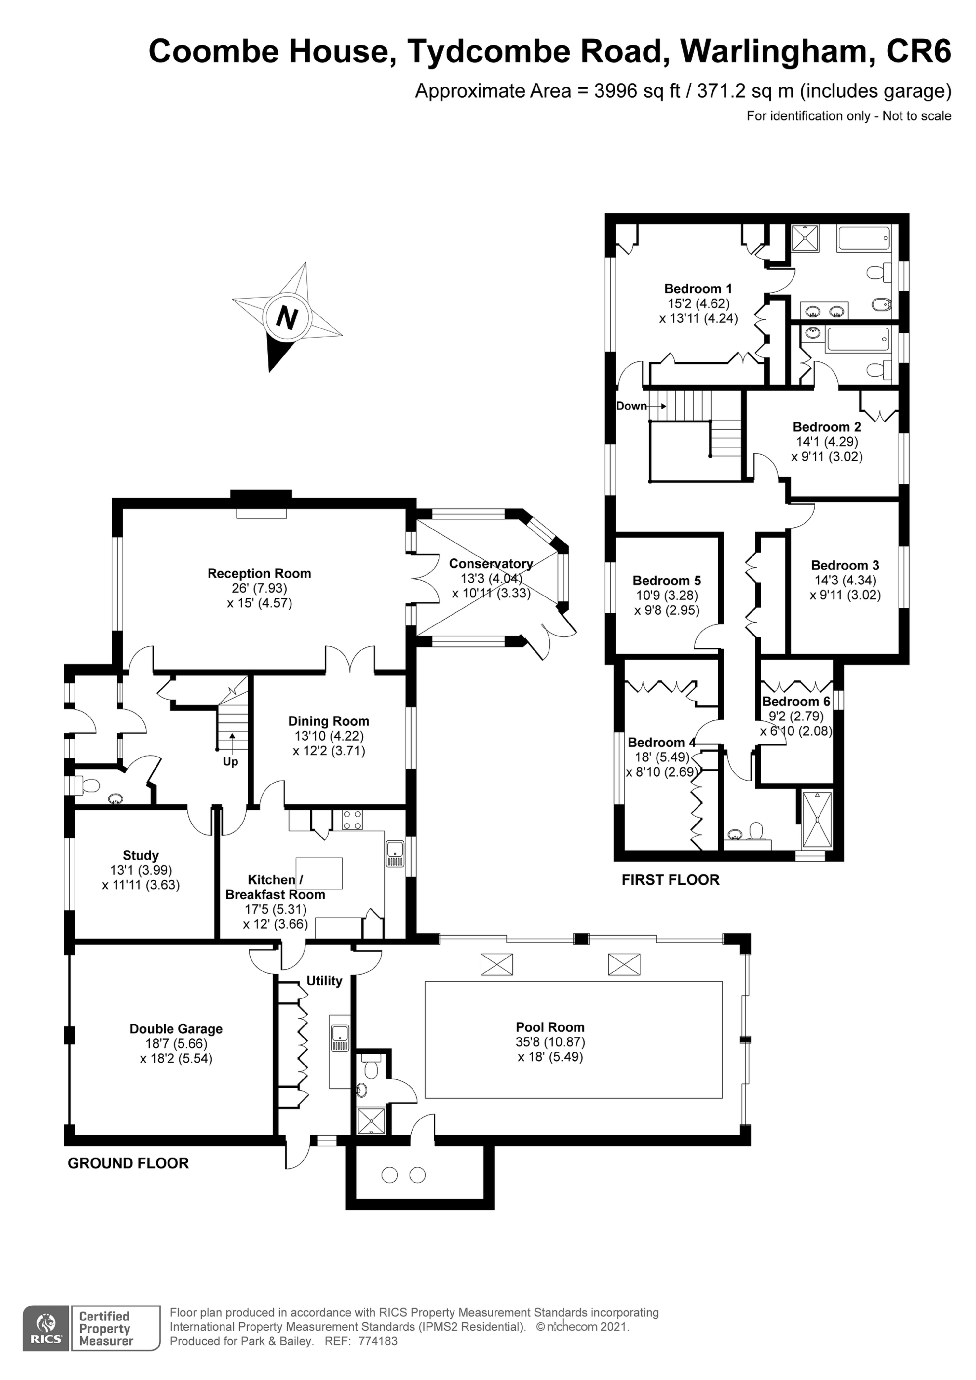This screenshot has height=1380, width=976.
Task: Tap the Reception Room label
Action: [x=259, y=573]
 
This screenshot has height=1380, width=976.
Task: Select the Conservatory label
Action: [x=491, y=564]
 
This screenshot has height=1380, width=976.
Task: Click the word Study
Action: [x=141, y=855]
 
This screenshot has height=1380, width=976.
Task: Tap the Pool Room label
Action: [x=549, y=1027]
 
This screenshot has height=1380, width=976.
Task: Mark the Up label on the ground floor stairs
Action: [x=230, y=761]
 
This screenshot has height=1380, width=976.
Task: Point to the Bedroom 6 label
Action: [x=795, y=702]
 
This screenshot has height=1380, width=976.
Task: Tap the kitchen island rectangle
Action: [x=319, y=873]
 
